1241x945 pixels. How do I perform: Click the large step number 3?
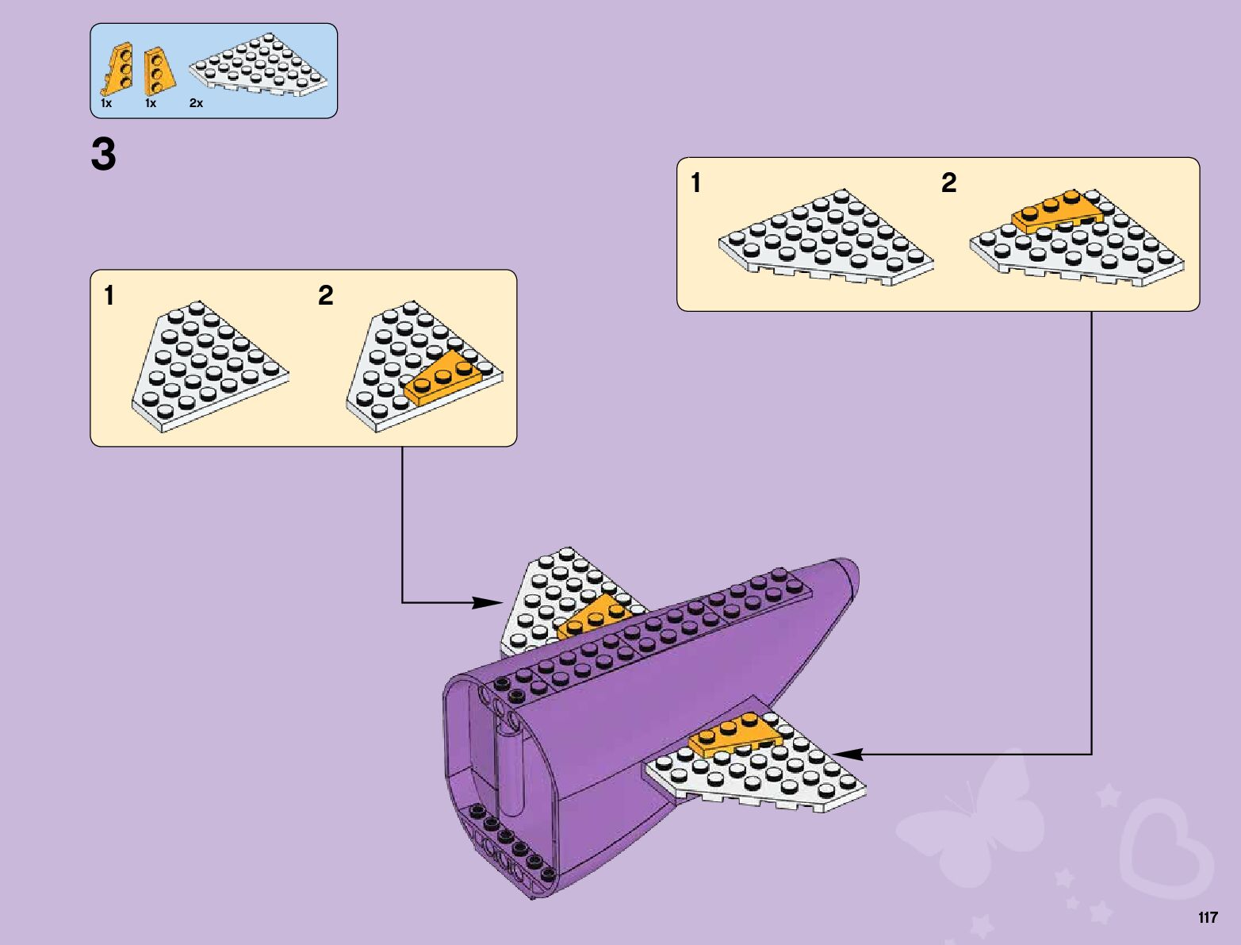point(103,154)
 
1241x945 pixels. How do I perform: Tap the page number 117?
point(1207,918)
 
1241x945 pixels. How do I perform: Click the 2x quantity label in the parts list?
point(196,103)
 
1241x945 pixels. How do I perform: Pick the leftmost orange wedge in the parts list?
point(119,69)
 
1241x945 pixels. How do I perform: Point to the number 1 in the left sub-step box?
point(109,296)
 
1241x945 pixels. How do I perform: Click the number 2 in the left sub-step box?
point(325,296)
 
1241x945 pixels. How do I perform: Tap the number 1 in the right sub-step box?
point(695,183)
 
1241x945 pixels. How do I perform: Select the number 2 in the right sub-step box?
point(948,183)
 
